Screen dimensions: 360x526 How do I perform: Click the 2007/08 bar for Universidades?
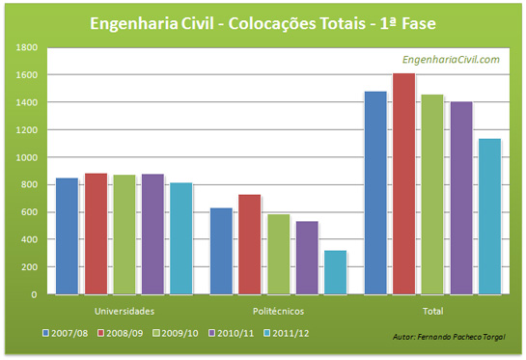pyautogui.click(x=67, y=235)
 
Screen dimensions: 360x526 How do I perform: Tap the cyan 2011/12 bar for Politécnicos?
pyautogui.click(x=336, y=272)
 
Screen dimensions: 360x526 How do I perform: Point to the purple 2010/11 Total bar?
pyautogui.click(x=461, y=198)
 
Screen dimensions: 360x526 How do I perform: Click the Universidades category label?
pyautogui.click(x=124, y=311)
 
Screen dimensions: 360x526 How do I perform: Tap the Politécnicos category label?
pyautogui.click(x=279, y=311)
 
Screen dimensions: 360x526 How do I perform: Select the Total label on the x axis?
pyautogui.click(x=433, y=311)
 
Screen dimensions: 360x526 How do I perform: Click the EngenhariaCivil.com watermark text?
pyautogui.click(x=451, y=60)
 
